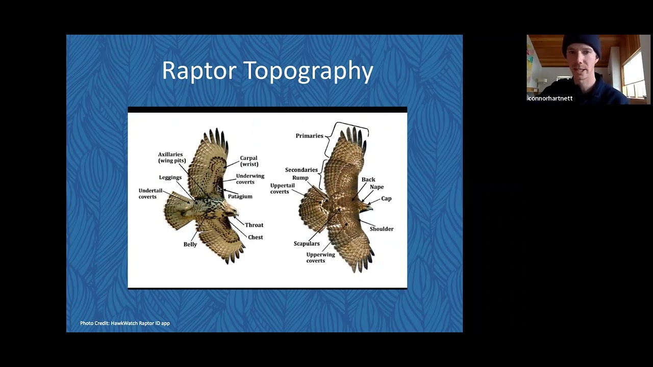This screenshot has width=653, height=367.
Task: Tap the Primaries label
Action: [x=309, y=136]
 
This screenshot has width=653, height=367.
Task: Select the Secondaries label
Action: [x=301, y=170]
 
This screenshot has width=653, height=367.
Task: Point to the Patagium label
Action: [x=240, y=197]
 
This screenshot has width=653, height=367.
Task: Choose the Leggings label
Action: [x=170, y=178]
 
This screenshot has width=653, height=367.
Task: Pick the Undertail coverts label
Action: [x=150, y=194]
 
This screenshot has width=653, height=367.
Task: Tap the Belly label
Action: [x=190, y=245]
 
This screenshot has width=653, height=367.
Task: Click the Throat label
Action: [x=254, y=225]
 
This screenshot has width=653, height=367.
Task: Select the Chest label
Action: [x=255, y=238]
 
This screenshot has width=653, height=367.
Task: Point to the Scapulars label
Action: [x=306, y=244]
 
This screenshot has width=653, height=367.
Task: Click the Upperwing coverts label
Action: [x=320, y=258]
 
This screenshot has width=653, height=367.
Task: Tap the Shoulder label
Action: [x=381, y=229]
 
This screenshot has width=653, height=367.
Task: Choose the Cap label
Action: [x=386, y=199]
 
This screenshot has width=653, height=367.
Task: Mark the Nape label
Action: [x=376, y=187]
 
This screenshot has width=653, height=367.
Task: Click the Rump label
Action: [x=300, y=178]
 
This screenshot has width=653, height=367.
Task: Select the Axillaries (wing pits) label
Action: [x=171, y=158]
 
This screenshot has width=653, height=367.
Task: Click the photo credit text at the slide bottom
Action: [x=124, y=323]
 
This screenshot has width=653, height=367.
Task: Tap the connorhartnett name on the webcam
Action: [x=550, y=98]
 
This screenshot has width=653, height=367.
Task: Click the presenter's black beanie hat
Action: [x=582, y=45]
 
